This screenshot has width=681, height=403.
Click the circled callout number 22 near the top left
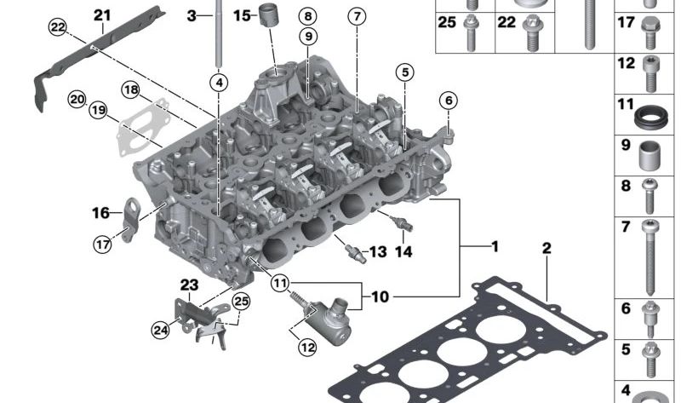click(57, 27)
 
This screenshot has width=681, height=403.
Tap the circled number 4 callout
click(219, 82)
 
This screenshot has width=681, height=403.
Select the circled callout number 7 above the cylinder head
click(357, 16)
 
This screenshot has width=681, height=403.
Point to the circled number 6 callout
click(449, 101)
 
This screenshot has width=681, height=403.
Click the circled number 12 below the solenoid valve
click(307, 347)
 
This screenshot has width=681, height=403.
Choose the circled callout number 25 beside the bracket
click(242, 301)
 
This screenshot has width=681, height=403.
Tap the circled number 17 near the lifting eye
click(102, 245)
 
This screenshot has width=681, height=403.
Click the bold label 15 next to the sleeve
click(242, 15)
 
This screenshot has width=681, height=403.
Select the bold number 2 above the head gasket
click(547, 248)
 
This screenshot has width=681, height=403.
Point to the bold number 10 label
click(380, 296)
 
